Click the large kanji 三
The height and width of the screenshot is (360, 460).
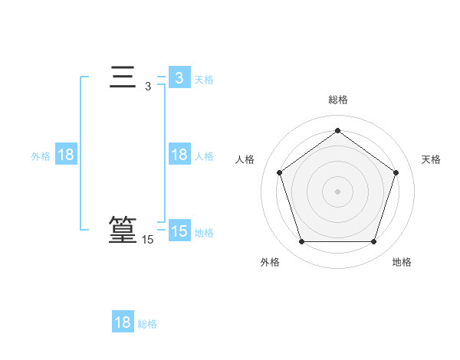(123, 78)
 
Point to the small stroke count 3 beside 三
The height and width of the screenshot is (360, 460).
(148, 87)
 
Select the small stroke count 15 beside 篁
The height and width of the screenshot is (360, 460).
(147, 240)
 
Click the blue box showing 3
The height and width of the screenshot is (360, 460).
(179, 77)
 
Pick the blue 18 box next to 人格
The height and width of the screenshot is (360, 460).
(179, 155)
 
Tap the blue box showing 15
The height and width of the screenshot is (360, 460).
(179, 231)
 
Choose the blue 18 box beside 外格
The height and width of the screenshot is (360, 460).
(66, 155)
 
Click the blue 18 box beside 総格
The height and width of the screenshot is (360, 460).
(123, 322)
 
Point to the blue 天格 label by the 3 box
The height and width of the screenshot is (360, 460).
(203, 79)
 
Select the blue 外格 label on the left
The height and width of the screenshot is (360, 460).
(41, 156)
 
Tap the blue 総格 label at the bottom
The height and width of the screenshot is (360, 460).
(147, 324)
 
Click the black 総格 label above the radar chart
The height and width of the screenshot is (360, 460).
(337, 100)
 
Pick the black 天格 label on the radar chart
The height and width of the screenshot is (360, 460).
(431, 159)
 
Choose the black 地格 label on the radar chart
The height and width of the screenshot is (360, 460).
(402, 262)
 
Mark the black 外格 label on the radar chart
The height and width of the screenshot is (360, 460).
(270, 262)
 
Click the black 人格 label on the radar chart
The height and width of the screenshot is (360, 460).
(245, 159)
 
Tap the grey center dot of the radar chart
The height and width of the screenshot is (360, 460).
(337, 191)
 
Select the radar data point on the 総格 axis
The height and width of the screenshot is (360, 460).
(337, 130)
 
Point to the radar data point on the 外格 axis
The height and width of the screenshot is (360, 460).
(301, 242)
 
